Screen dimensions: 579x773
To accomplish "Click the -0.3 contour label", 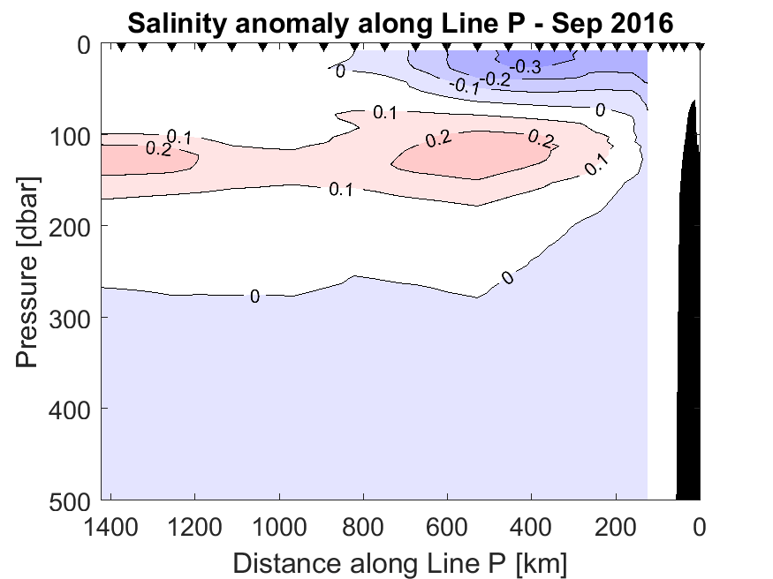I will coord(529,64).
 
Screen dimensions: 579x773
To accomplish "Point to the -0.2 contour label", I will coord(497,79).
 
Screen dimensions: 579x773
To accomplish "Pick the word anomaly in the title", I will coord(284,22).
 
